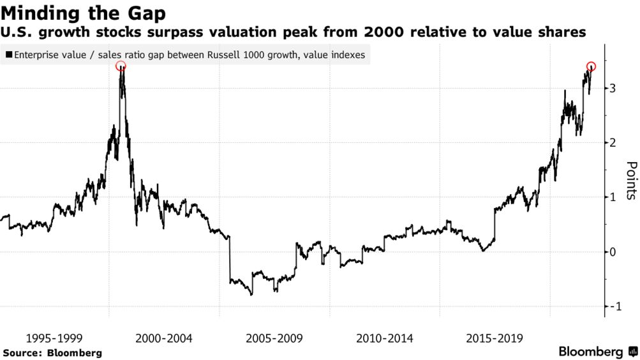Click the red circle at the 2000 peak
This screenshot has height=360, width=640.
(121, 66)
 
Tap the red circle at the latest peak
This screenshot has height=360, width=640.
(591, 66)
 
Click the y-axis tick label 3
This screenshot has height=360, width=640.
(613, 88)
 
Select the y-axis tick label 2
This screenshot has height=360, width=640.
(613, 143)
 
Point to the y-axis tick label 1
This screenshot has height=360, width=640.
(613, 197)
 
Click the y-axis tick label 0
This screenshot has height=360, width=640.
(613, 252)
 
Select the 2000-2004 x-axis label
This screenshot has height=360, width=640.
(165, 338)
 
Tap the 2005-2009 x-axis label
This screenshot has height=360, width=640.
(274, 338)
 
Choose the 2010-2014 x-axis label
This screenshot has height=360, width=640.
(385, 338)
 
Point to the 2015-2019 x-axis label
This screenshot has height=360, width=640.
(495, 338)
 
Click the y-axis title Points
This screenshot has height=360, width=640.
(630, 181)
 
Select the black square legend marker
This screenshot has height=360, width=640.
(8, 55)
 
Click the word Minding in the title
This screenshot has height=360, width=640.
(43, 13)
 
